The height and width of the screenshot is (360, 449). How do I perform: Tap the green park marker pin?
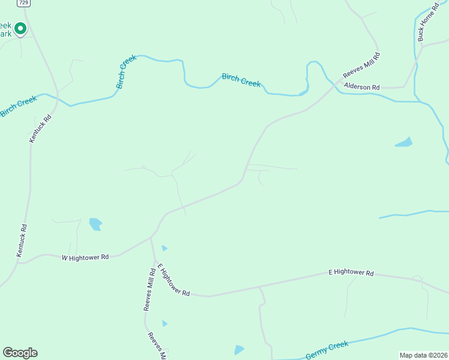coord(20,28)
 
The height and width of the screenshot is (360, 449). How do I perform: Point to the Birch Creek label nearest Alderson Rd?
coord(241,80)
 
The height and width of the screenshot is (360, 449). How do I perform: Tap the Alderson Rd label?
coord(362,87)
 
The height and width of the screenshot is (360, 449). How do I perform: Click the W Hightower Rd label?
coord(85,257)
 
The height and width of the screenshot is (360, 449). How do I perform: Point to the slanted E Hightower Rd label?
coord(173,280)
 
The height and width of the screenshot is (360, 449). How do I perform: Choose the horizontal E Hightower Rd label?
coord(351,273)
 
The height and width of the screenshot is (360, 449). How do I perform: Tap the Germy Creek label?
coord(327,350)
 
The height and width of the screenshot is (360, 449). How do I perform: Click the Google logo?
coord(20,353)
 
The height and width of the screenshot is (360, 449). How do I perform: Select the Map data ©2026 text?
coord(423,355)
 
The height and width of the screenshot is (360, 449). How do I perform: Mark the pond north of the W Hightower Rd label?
coord(95,224)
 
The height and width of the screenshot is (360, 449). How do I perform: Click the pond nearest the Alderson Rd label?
coord(404,143)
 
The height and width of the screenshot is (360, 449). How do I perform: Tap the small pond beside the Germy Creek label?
coord(240,350)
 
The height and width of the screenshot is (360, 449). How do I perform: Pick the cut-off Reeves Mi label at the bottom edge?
coord(156,346)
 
